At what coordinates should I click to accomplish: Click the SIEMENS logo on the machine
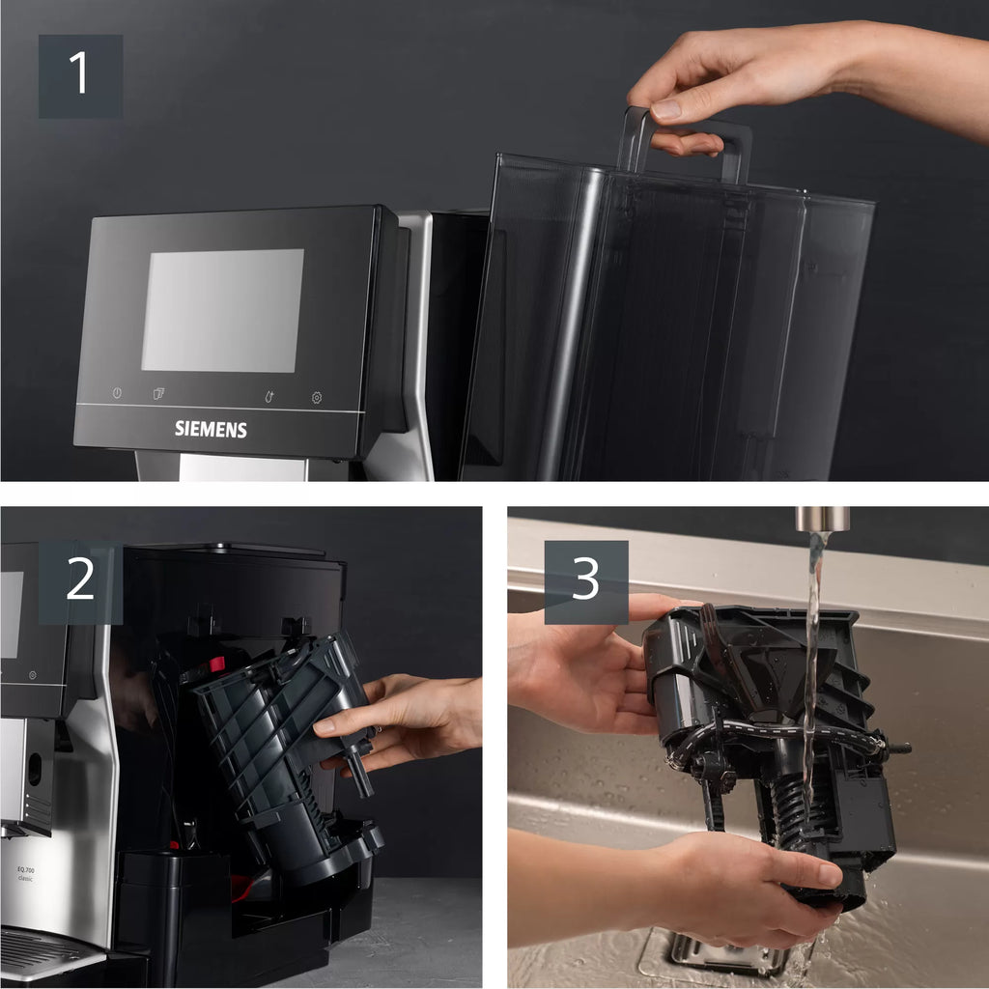(x=211, y=429)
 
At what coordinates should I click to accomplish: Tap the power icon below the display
(x=117, y=394)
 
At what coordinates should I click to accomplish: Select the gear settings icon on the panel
(x=317, y=397)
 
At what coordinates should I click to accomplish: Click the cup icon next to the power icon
(x=159, y=394)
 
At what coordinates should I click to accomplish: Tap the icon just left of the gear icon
(x=270, y=396)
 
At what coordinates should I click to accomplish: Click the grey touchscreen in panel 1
(x=222, y=310)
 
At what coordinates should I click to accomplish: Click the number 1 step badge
(x=80, y=75)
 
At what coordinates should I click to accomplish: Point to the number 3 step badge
(x=585, y=581)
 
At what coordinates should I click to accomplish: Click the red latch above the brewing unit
(x=216, y=664)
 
